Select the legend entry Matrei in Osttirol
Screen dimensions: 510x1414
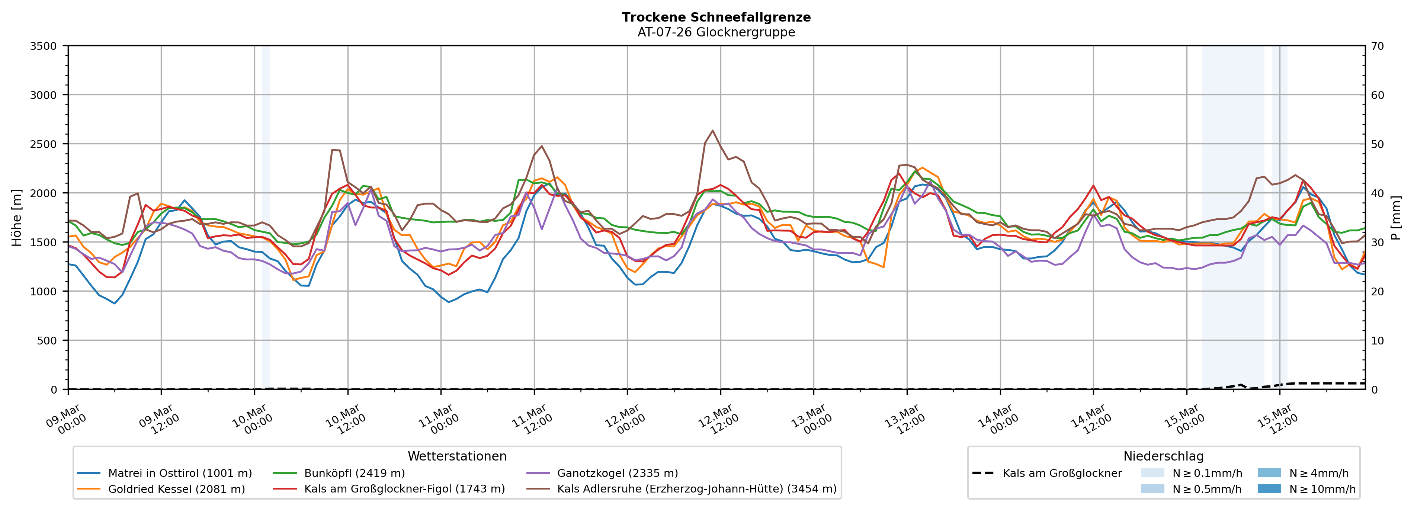click(180, 473)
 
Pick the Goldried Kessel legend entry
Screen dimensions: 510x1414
click(176, 489)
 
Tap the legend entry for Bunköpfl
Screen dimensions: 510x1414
click(354, 473)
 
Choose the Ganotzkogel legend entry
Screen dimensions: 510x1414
click(617, 473)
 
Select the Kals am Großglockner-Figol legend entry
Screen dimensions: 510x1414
click(404, 489)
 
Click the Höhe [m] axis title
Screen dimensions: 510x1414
click(16, 217)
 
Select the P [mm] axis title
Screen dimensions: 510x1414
click(1397, 217)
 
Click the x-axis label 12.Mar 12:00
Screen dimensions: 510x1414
click(716, 420)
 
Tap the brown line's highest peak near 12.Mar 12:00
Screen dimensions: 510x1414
click(712, 131)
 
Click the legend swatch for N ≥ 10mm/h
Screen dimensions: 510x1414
click(1269, 488)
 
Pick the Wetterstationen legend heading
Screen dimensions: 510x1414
click(457, 456)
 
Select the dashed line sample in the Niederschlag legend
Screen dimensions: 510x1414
click(982, 473)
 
